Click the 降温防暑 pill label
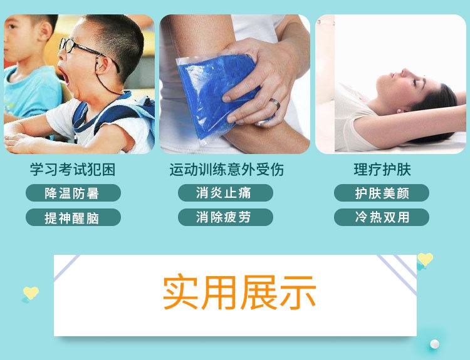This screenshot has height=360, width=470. pyautogui.click(x=73, y=193)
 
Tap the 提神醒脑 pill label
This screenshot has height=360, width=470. pyautogui.click(x=73, y=217)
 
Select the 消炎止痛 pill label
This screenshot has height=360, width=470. pyautogui.click(x=226, y=193)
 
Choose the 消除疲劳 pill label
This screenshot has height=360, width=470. pyautogui.click(x=226, y=217)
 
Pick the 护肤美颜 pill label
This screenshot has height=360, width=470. pyautogui.click(x=382, y=193)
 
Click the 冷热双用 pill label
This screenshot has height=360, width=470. pyautogui.click(x=382, y=217)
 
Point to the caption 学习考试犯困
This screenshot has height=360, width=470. pyautogui.click(x=73, y=170)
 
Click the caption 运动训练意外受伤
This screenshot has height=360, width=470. pyautogui.click(x=227, y=170)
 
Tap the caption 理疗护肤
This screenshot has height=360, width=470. pyautogui.click(x=382, y=170)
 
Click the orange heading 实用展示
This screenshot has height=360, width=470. pyautogui.click(x=239, y=292)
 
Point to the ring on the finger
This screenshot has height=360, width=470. pyautogui.click(x=274, y=103)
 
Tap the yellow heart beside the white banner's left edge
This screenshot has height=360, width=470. pyautogui.click(x=31, y=292)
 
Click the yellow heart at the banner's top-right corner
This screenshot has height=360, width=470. pyautogui.click(x=425, y=259)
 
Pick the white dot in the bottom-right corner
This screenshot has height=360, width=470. pyautogui.click(x=434, y=344)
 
